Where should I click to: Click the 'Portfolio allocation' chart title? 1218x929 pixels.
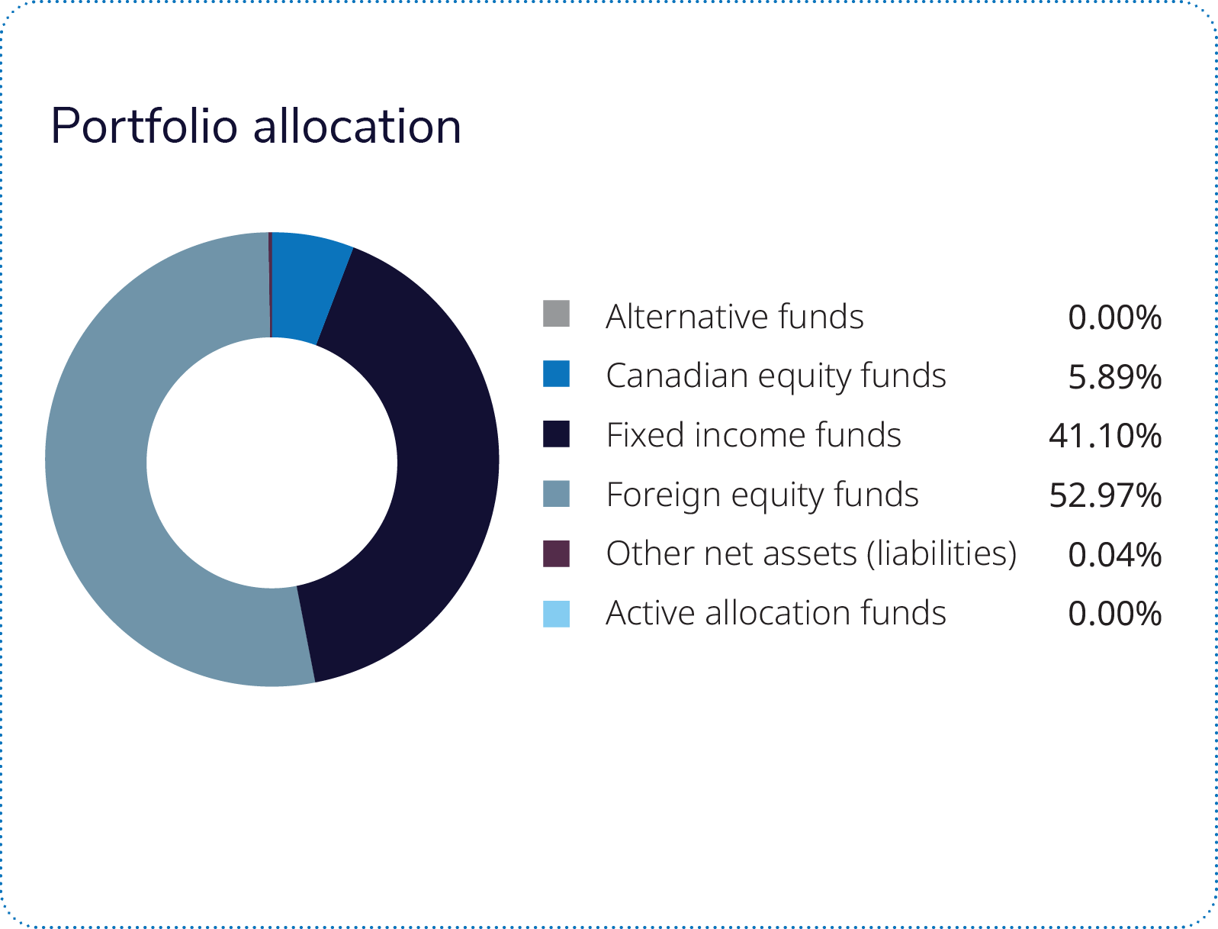point(255,126)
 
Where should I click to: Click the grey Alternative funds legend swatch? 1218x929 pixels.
point(556,314)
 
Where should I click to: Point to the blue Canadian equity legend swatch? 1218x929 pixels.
point(556,373)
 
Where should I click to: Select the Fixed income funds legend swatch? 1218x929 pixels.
point(556,433)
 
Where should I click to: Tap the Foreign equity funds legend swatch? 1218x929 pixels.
point(556,493)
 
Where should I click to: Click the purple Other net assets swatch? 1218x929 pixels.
point(556,553)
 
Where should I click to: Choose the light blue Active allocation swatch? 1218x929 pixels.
point(556,613)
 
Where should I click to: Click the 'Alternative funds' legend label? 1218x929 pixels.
point(734,316)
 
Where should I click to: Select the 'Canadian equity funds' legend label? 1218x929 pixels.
point(776,376)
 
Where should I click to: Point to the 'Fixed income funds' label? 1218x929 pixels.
point(754,435)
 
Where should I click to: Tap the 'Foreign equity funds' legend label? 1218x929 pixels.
point(762,495)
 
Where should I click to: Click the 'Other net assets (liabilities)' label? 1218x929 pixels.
point(811,554)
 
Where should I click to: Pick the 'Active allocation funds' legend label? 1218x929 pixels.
point(776,613)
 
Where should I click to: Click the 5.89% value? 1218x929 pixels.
point(1114,376)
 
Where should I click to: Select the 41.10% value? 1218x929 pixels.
point(1104,436)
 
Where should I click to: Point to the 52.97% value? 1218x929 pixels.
point(1104,495)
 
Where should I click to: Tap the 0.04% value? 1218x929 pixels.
point(1114,555)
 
